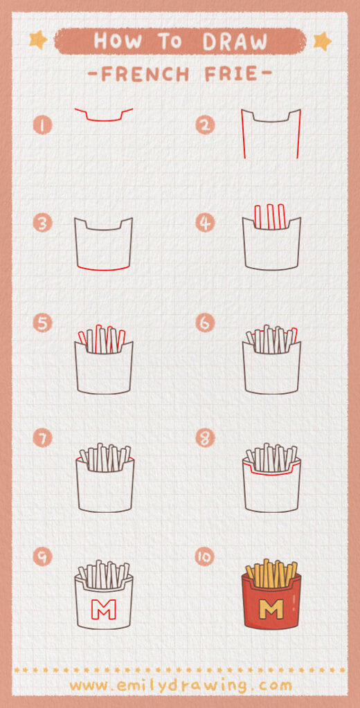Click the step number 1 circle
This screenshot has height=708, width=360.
pos(43,125)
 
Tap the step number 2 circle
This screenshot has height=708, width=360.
pos(205,125)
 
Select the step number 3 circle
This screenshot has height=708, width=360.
pos(43,223)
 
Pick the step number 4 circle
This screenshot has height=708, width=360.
pos(205,223)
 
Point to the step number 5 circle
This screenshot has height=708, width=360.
pos(43,323)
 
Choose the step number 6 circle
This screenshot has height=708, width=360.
pos(205,323)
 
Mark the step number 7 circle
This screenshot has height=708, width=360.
pos(43,438)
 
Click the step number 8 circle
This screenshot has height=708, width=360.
pos(205,438)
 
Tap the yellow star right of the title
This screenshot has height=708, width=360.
pos(322,41)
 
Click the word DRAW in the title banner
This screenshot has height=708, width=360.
pos(235,42)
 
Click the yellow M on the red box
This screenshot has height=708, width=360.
pos(273,610)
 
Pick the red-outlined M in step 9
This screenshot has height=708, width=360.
pos(104,610)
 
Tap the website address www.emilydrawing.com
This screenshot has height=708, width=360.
pos(180,685)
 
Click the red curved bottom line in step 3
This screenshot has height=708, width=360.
pos(103,269)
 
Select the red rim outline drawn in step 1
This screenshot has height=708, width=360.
pos(104,119)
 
